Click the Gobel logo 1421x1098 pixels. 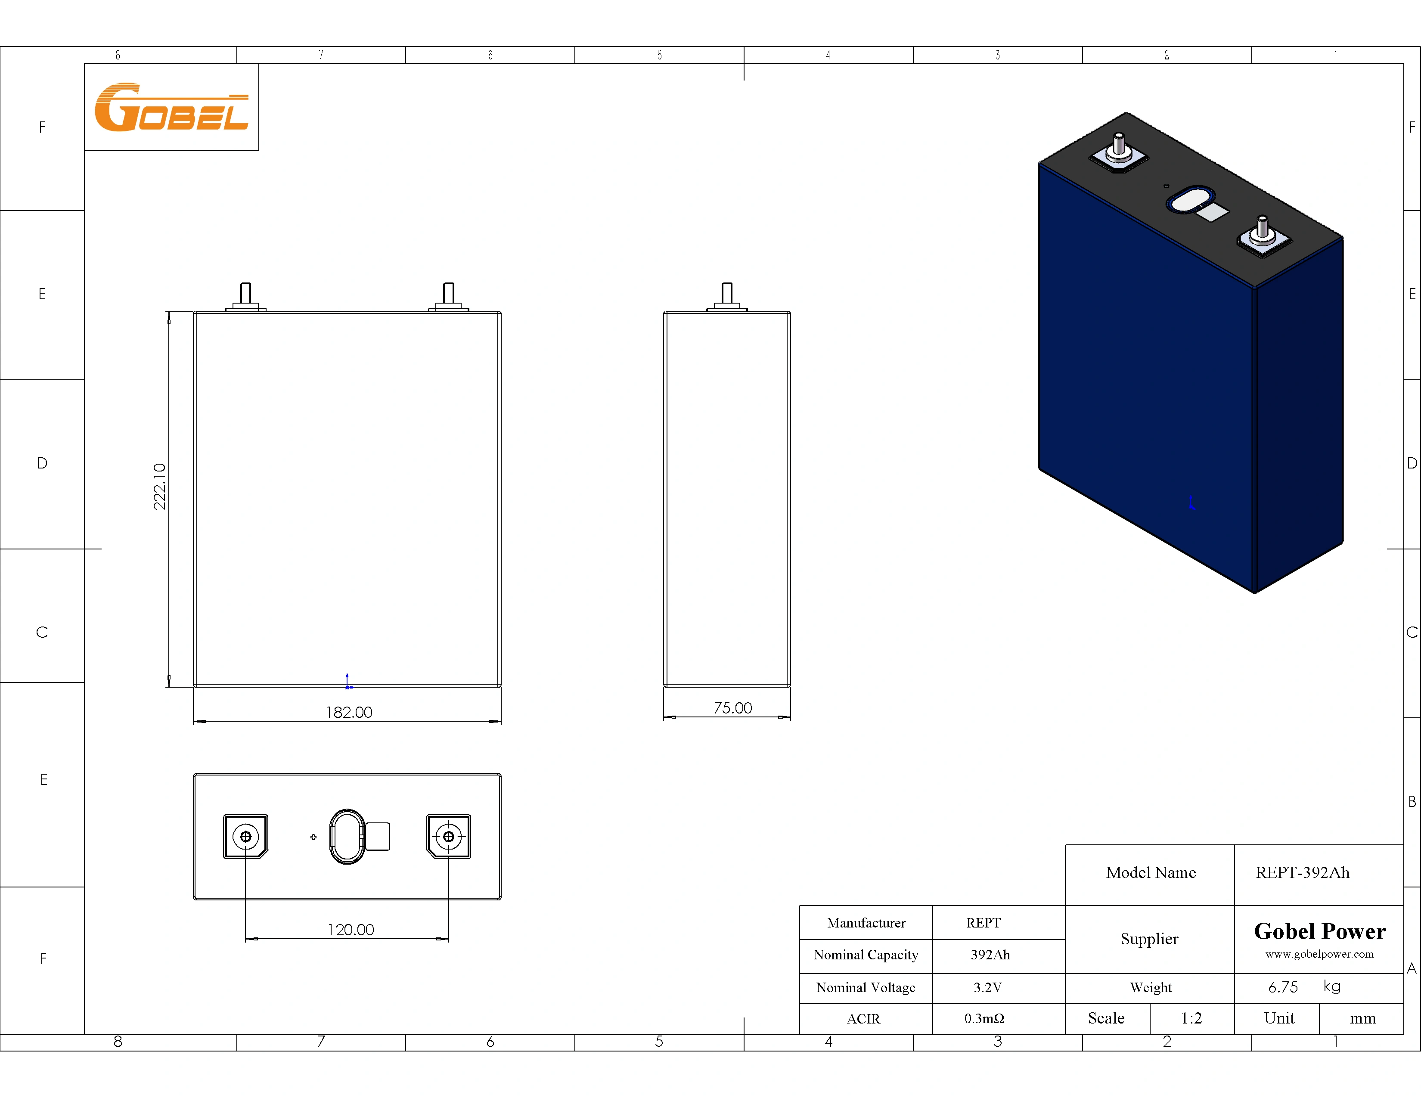pyautogui.click(x=171, y=107)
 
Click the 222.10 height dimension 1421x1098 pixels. pyautogui.click(x=159, y=487)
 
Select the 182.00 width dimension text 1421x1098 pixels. pyautogui.click(x=349, y=712)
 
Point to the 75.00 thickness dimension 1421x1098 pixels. pyautogui.click(x=732, y=708)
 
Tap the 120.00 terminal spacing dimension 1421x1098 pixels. pyautogui.click(x=351, y=930)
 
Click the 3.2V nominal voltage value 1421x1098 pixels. pyautogui.click(x=987, y=987)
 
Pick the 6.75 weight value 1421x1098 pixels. pyautogui.click(x=1282, y=987)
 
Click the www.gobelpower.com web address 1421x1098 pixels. pyautogui.click(x=1319, y=954)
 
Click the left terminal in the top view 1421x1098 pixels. pyautogui.click(x=245, y=837)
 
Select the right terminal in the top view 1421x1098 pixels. pyautogui.click(x=448, y=837)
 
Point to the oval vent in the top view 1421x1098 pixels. pyautogui.click(x=347, y=837)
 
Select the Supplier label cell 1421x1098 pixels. pyautogui.click(x=1149, y=939)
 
